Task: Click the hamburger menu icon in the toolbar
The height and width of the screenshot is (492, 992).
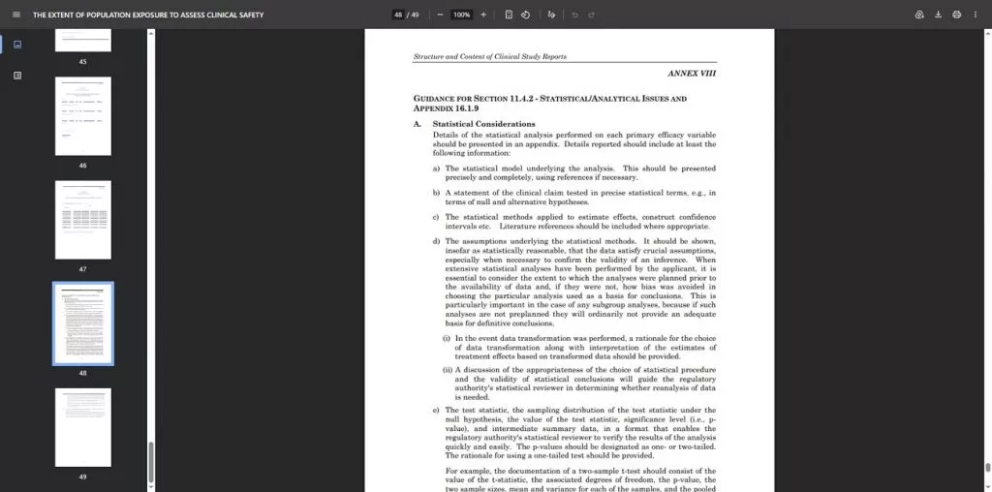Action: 16,15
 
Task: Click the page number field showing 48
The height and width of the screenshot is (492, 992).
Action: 398,15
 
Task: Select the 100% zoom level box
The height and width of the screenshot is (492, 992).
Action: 461,15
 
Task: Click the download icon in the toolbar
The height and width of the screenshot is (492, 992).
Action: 938,15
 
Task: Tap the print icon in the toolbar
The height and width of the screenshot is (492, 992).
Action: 956,15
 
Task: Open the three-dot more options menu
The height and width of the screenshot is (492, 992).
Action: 976,15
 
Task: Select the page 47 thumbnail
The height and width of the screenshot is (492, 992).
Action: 82,219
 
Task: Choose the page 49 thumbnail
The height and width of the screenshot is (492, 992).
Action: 82,427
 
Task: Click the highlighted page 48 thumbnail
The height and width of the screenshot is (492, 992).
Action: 82,323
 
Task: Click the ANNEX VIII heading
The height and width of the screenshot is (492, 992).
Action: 692,74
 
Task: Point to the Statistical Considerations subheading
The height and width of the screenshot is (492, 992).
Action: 483,124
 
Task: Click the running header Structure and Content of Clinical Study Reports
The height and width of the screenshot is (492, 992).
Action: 489,56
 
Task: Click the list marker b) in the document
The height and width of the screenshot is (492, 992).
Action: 436,193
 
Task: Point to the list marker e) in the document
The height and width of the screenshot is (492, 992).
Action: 436,410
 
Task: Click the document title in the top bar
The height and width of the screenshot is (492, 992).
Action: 148,15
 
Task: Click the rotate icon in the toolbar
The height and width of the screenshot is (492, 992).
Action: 525,15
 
